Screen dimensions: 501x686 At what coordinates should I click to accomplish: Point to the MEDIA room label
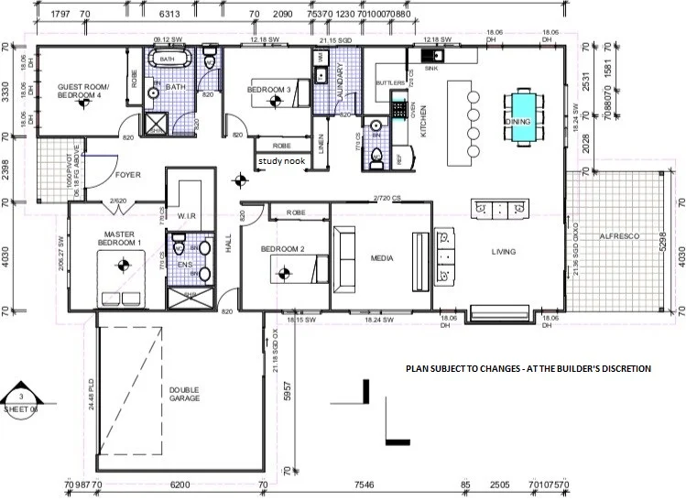click(382, 258)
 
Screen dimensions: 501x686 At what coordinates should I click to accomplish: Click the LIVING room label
click(503, 252)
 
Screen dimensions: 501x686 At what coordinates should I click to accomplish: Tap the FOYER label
click(127, 174)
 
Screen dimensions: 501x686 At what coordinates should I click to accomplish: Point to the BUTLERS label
click(390, 83)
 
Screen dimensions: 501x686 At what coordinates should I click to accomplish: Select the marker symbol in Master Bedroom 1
click(117, 267)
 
